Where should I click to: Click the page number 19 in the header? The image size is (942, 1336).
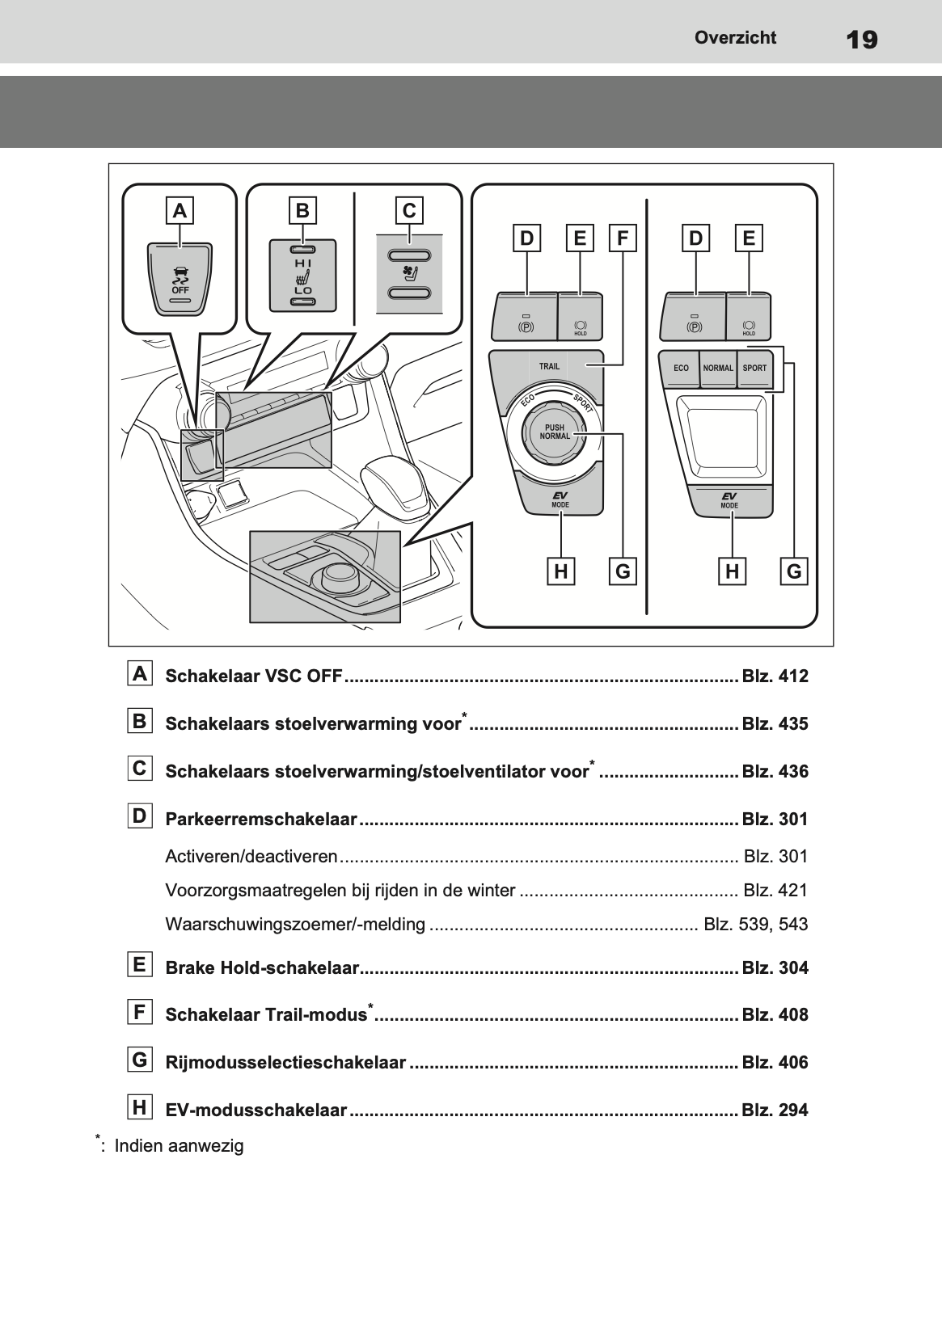click(x=863, y=39)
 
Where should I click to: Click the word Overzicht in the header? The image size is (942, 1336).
click(x=735, y=37)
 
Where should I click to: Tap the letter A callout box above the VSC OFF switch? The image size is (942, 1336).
click(x=180, y=211)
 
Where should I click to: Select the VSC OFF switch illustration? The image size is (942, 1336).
click(x=180, y=276)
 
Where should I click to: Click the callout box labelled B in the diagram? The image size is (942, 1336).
click(x=302, y=211)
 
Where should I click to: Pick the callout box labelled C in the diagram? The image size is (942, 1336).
click(x=409, y=211)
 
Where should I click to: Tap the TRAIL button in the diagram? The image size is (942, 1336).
click(x=549, y=366)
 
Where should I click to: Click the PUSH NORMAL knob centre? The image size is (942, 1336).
click(x=555, y=432)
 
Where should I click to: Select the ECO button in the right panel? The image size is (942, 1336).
click(x=681, y=368)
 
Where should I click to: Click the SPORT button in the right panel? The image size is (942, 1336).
click(x=754, y=368)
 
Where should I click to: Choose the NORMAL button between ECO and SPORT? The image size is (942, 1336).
click(x=717, y=368)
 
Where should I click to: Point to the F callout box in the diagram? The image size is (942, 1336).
click(x=622, y=238)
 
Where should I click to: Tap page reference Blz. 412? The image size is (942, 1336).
click(x=775, y=676)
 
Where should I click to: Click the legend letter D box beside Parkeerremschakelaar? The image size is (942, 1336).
click(x=140, y=816)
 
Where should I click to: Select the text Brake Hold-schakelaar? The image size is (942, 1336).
click(x=262, y=967)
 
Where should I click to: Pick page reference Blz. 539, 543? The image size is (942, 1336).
click(x=755, y=924)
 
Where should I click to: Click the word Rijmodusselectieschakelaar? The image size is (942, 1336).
click(x=285, y=1062)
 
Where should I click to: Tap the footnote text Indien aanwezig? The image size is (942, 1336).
click(x=179, y=1145)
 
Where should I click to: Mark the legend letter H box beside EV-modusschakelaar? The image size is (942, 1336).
click(x=140, y=1107)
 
